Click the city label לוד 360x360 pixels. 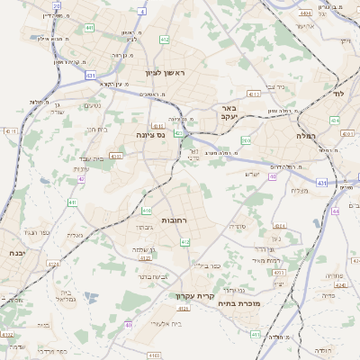point(338,93)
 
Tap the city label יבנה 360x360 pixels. point(13,253)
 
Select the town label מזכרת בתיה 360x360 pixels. point(237,304)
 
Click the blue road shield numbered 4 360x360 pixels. point(142,12)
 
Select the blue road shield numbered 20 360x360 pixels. point(57,5)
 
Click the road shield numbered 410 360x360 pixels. point(146,211)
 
